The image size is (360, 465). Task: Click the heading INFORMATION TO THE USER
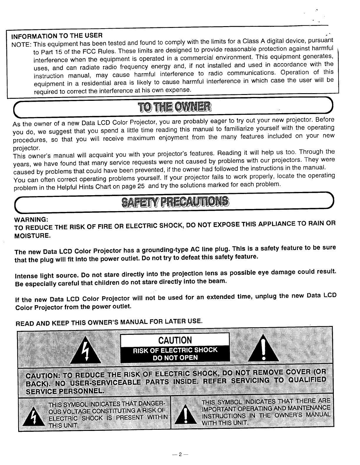[x=57, y=36]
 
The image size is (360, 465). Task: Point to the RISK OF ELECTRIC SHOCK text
[x=175, y=350]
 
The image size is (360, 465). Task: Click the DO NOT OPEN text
[x=175, y=358]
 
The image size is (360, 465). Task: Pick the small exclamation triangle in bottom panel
[x=185, y=415]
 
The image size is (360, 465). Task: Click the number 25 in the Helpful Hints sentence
[x=141, y=186]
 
